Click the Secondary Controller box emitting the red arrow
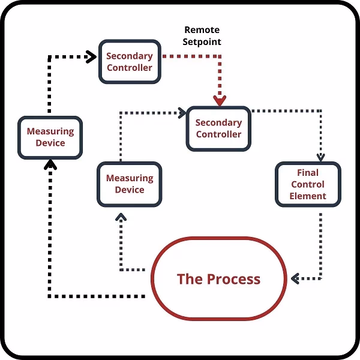click(129, 61)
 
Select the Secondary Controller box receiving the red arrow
click(218, 128)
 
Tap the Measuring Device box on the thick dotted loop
click(50, 137)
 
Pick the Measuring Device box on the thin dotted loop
click(129, 184)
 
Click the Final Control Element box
click(307, 185)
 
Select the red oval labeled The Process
click(218, 278)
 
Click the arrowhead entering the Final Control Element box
click(320, 157)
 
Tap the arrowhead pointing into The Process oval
click(295, 279)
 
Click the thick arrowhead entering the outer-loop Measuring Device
click(51, 164)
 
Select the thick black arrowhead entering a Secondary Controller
click(92, 58)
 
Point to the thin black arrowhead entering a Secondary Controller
click(181, 111)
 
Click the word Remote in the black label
click(202, 30)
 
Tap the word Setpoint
click(202, 42)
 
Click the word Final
click(307, 173)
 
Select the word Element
click(307, 196)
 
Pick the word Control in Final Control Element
click(307, 184)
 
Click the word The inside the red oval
click(190, 279)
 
